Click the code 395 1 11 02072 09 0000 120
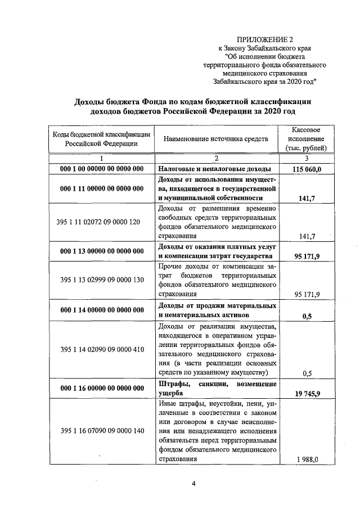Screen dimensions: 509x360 click(102, 222)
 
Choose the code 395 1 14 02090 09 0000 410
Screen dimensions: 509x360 click(102, 349)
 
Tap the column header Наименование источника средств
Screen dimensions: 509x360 click(216, 138)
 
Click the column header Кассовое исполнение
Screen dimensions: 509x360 click(307, 138)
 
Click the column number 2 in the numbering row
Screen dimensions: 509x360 click(216, 158)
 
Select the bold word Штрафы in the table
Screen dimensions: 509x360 click(170, 384)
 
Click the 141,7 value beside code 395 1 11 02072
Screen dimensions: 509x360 click(307, 237)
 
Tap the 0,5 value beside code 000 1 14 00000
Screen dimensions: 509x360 click(307, 316)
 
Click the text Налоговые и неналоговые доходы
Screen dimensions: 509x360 click(215, 169)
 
